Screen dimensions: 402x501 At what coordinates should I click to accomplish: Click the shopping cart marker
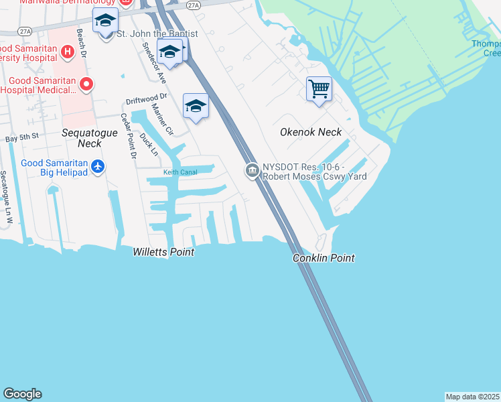click(319, 88)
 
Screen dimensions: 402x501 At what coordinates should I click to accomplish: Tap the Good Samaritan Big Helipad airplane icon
click(98, 165)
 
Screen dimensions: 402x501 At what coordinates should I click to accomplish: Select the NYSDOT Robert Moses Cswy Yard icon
click(252, 171)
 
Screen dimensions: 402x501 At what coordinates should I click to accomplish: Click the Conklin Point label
click(324, 258)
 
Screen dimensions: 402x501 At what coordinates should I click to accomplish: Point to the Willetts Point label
click(163, 253)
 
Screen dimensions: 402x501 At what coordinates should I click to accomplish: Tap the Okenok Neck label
click(311, 133)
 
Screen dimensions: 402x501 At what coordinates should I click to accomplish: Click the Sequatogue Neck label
click(90, 138)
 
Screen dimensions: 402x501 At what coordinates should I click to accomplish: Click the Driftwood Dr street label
click(145, 101)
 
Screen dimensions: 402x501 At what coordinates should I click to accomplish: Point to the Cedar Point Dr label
click(127, 136)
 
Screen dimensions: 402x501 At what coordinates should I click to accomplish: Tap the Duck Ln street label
click(149, 143)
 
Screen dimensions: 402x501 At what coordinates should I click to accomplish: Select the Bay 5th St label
click(22, 137)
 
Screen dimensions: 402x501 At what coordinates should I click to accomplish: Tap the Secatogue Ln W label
click(6, 197)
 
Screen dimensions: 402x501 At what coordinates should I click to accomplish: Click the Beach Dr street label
click(82, 42)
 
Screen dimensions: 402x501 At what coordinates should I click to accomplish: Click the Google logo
click(22, 394)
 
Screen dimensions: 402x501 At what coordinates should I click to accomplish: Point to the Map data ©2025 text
click(472, 397)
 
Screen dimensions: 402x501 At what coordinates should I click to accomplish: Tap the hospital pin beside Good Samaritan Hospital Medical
click(86, 84)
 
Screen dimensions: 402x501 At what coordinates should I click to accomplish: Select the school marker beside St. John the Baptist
click(105, 21)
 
